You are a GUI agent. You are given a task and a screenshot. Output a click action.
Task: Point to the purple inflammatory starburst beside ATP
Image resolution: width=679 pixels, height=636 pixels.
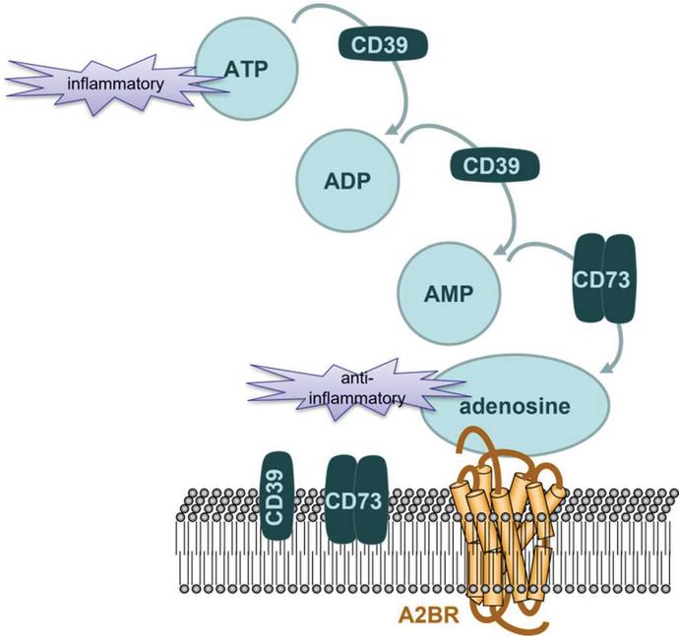(108, 84)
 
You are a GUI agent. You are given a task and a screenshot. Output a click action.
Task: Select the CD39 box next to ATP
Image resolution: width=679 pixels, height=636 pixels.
(385, 42)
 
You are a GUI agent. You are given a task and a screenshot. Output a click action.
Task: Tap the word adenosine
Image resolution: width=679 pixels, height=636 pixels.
(516, 405)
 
